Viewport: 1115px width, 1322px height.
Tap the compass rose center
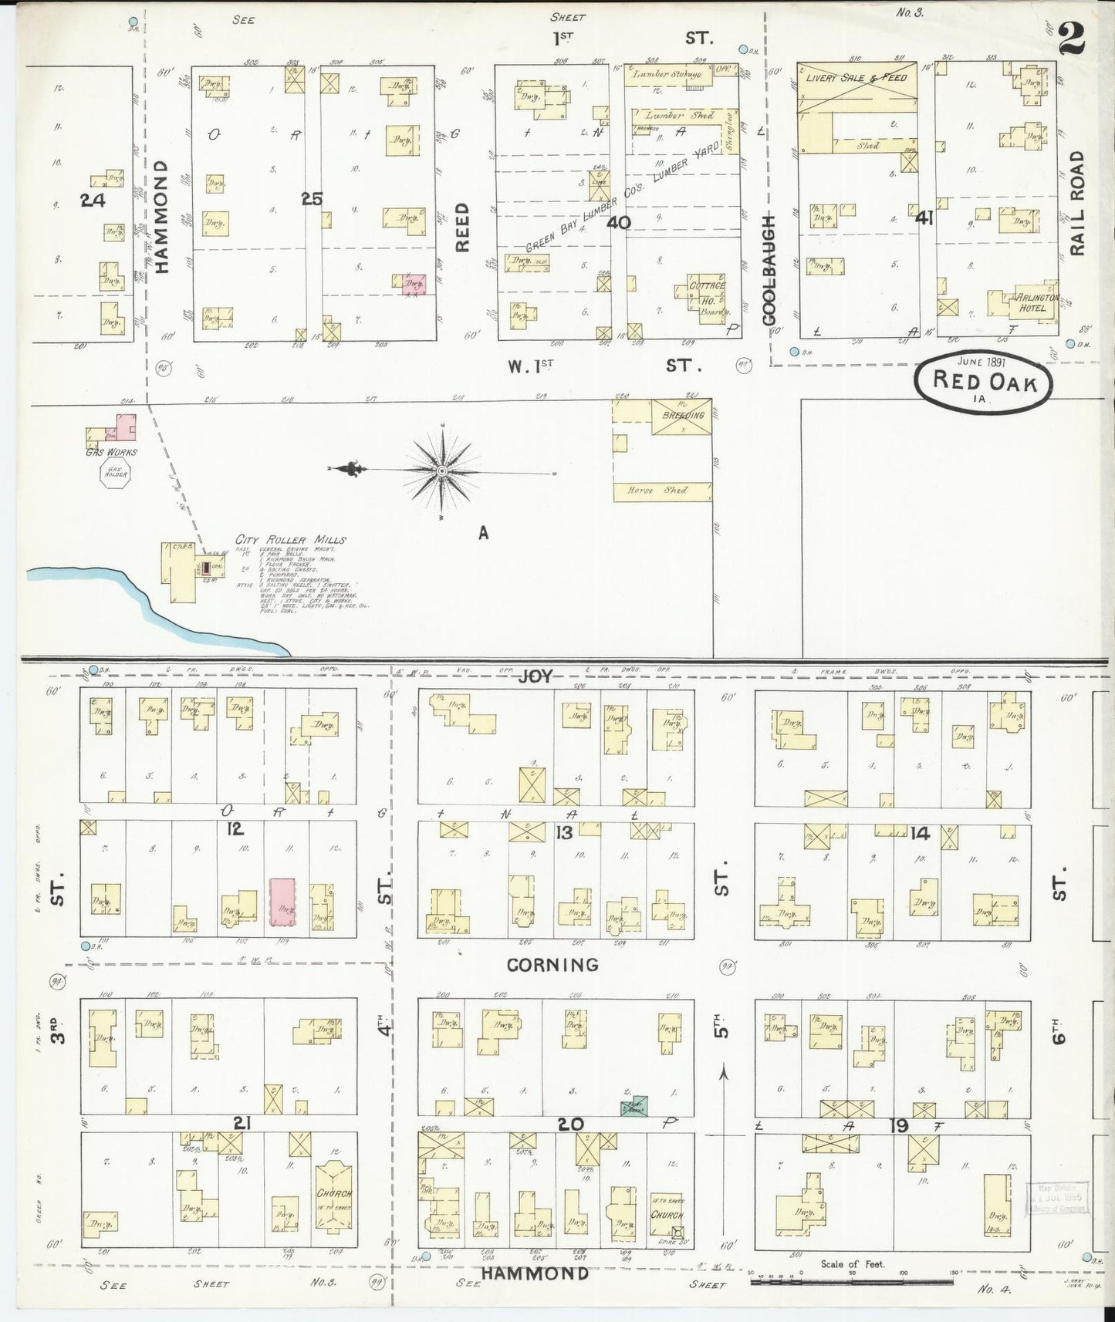click(x=441, y=470)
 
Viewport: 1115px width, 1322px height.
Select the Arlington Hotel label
click(x=1030, y=303)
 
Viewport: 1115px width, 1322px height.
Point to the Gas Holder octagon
click(x=120, y=470)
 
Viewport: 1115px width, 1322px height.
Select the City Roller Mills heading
click(x=291, y=540)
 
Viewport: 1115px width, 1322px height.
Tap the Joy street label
click(x=535, y=676)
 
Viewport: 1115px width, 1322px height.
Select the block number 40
click(x=619, y=223)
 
